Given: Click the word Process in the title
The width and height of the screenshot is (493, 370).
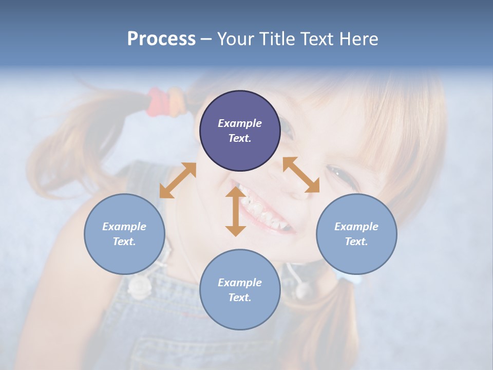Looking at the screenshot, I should pyautogui.click(x=161, y=39).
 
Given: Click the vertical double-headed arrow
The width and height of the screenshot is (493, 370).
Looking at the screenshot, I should pyautogui.click(x=236, y=211).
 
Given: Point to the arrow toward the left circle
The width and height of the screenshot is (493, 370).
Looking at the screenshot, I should pyautogui.click(x=178, y=180).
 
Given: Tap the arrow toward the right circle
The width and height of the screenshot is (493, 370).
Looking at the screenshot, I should pyautogui.click(x=301, y=175).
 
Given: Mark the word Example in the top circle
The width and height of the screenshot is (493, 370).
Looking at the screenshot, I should pyautogui.click(x=240, y=123).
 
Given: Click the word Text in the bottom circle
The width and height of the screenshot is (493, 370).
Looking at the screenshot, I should pyautogui.click(x=240, y=298).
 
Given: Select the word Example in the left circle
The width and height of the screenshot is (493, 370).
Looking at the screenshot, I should pyautogui.click(x=124, y=227).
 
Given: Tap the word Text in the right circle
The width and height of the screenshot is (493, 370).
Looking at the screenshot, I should pyautogui.click(x=356, y=242).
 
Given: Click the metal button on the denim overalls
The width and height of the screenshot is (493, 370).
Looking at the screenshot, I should pyautogui.click(x=138, y=286).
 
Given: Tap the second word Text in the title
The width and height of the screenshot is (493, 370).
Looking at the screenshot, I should pyautogui.click(x=315, y=39).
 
